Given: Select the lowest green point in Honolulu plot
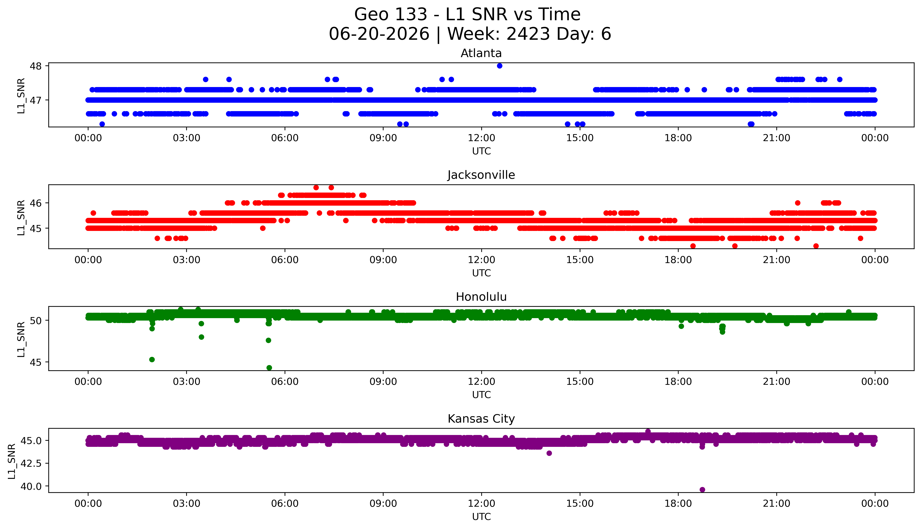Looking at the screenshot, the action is [x=269, y=368].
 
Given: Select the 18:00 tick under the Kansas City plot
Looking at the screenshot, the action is [x=678, y=504].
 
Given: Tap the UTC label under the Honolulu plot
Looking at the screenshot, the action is [x=481, y=395].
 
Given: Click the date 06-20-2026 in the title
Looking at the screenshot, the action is [x=379, y=34].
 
